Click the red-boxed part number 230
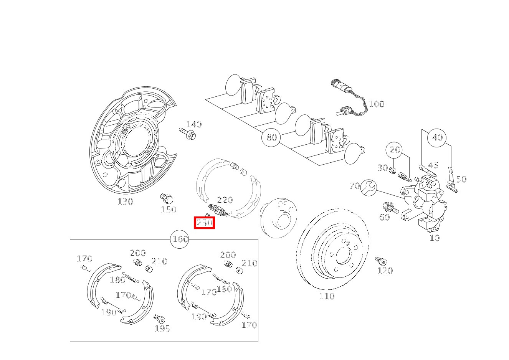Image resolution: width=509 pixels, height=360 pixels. [x=204, y=223]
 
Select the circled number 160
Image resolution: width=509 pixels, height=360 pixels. [x=180, y=239]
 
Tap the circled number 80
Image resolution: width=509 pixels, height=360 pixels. [x=271, y=137]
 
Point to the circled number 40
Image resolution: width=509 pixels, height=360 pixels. [x=437, y=137]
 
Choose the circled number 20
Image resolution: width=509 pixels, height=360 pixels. [x=395, y=150]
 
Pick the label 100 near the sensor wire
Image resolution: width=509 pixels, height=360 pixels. [x=376, y=104]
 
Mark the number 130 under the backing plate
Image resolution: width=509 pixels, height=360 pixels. [x=125, y=201]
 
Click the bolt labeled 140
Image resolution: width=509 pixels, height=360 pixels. [x=188, y=133]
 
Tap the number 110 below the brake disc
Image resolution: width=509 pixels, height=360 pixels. [x=327, y=296]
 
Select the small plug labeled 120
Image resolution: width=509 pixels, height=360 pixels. [x=380, y=261]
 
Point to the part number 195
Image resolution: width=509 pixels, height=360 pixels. [x=162, y=329]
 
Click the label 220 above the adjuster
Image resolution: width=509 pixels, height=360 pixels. [x=225, y=200]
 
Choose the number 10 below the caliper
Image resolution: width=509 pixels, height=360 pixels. [x=434, y=238]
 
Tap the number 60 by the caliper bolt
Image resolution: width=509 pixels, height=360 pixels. [x=384, y=217]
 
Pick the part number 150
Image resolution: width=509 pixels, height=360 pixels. [x=169, y=210]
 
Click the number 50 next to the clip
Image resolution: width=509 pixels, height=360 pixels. [x=461, y=179]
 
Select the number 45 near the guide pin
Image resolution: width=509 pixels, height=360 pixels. [x=433, y=165]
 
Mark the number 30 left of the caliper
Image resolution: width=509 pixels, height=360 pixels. [x=382, y=168]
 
